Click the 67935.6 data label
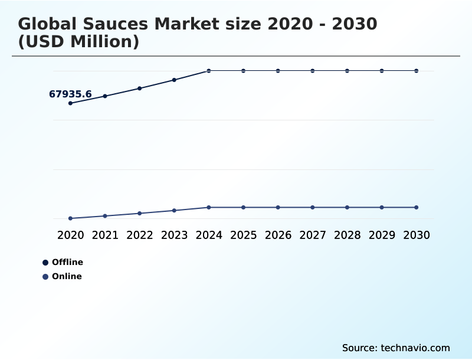coord(70,94)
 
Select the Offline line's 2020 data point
coord(70,103)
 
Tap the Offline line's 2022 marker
coord(140,89)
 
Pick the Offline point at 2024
coord(209,71)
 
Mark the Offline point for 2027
coord(313,71)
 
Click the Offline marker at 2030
coord(417,71)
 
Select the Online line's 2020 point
coord(70,218)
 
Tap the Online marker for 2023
coord(174,211)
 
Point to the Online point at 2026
coord(278,207)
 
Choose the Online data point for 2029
coord(382,207)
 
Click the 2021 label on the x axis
coord(105,235)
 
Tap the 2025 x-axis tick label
coord(243,235)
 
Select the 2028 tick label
coord(347,235)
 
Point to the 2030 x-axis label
coord(417,235)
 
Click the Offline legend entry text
coord(67,262)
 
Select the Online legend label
coord(67,276)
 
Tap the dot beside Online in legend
coord(45,277)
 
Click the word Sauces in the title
coord(116,24)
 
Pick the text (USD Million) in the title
coord(78,42)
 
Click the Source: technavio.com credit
coord(396,348)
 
